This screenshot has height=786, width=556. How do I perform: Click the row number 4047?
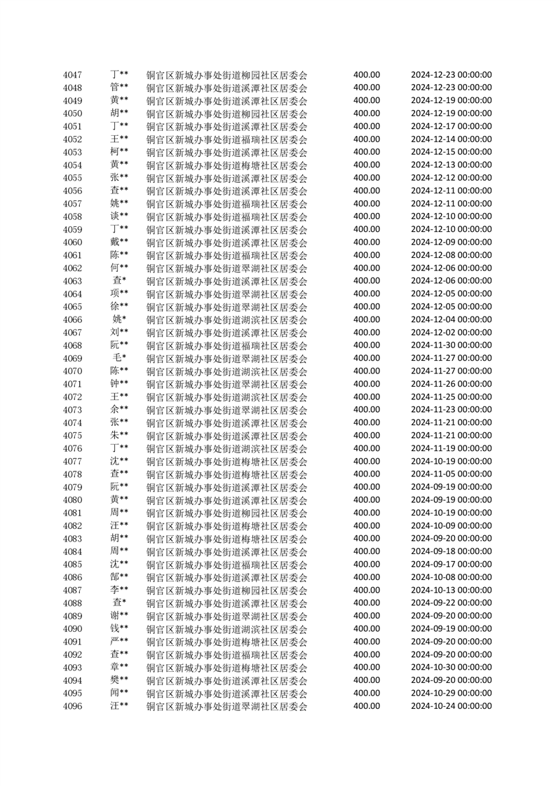point(72,75)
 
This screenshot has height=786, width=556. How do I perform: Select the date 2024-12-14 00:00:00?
point(451,139)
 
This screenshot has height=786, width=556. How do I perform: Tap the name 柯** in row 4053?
point(119,152)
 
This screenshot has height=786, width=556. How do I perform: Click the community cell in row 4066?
point(226,319)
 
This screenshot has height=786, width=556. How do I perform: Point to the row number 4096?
point(72,706)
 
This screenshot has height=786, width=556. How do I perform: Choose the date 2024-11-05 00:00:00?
point(451,474)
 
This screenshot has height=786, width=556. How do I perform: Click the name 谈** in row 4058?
point(119,216)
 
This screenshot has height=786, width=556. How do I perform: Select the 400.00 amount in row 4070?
point(367,371)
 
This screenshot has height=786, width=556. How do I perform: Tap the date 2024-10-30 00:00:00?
point(451,668)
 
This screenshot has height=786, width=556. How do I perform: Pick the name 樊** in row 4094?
point(119,680)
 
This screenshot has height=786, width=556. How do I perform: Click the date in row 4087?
point(451,590)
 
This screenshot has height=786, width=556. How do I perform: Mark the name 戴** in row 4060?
point(119,242)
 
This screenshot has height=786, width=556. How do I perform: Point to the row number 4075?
point(72,436)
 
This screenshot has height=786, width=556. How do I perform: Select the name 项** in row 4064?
point(119,294)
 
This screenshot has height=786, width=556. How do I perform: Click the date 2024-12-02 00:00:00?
point(451,332)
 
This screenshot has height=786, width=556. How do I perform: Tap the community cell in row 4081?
point(226,513)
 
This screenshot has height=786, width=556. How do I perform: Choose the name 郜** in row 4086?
point(119,577)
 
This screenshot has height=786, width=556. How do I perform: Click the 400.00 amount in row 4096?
point(367,706)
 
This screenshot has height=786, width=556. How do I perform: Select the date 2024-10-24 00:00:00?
point(451,706)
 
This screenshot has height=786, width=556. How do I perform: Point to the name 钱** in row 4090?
point(119,628)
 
